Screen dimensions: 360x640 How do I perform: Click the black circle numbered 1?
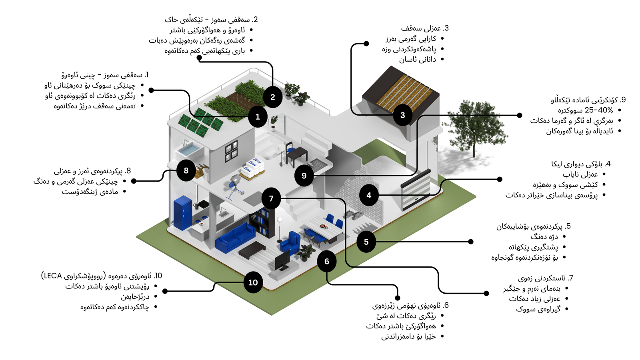tap(258, 117)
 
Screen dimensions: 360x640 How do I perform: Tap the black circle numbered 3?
tap(402, 115)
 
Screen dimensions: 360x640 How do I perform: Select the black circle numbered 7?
tap(271, 198)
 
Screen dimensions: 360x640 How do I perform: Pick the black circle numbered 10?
tap(253, 282)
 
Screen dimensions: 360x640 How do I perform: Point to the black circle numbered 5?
tap(366, 242)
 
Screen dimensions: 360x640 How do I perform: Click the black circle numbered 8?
tap(186, 170)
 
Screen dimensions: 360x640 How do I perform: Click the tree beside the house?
tap(474, 124)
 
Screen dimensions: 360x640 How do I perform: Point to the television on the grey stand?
tap(282, 260)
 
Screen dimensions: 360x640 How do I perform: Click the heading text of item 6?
tap(410, 306)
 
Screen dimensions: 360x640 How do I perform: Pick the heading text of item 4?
tap(581, 164)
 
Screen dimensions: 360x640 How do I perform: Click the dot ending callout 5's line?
tap(471, 242)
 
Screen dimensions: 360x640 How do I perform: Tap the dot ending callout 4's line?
tap(500, 179)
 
